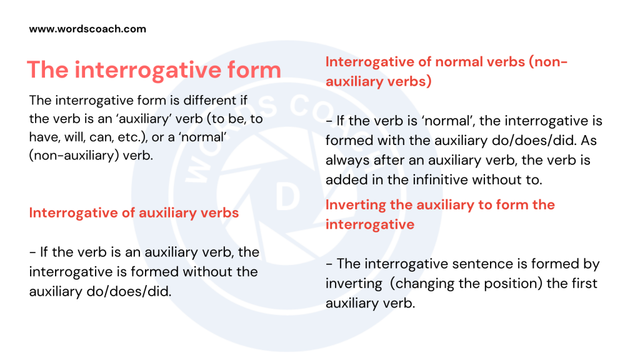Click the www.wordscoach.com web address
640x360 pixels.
pos(87,29)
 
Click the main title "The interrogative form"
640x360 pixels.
pos(154,69)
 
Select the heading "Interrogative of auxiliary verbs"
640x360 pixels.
pos(134,212)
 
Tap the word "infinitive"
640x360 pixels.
pos(457,179)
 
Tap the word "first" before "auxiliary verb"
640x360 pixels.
pos(582,284)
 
